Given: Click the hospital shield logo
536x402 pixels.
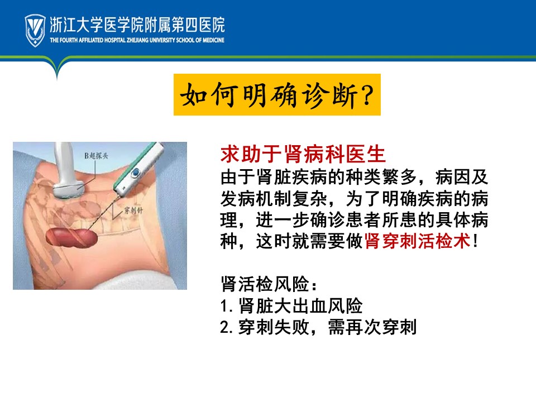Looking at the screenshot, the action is [x=35, y=30].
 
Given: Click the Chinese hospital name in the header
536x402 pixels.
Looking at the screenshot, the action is [x=137, y=25].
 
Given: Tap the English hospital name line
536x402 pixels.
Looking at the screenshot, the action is [x=137, y=40].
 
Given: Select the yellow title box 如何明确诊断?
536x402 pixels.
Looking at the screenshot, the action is [x=277, y=95].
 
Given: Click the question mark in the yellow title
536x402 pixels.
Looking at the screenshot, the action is [x=367, y=95].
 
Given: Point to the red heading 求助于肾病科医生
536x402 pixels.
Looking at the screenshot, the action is [x=303, y=154].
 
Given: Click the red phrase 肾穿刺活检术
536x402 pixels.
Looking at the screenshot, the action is [x=418, y=241].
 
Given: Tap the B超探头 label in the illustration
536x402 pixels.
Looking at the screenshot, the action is [x=96, y=156].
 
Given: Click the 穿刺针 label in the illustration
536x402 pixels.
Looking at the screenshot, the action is [x=133, y=210].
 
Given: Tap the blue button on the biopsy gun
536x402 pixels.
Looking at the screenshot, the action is [x=135, y=173].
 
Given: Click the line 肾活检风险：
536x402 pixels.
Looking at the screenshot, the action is [x=269, y=284].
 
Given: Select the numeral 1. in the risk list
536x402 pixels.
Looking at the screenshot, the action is [x=226, y=306].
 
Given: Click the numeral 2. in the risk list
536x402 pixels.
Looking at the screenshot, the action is [x=226, y=328].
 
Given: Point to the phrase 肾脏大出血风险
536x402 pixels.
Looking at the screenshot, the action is [x=300, y=306].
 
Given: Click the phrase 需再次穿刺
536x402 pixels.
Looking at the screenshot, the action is [x=372, y=327].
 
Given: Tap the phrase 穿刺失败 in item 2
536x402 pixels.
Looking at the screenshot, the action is [x=274, y=327].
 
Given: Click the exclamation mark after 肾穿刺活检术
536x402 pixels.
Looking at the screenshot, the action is [x=475, y=241].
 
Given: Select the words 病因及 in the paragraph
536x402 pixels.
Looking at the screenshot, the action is [x=462, y=177].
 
